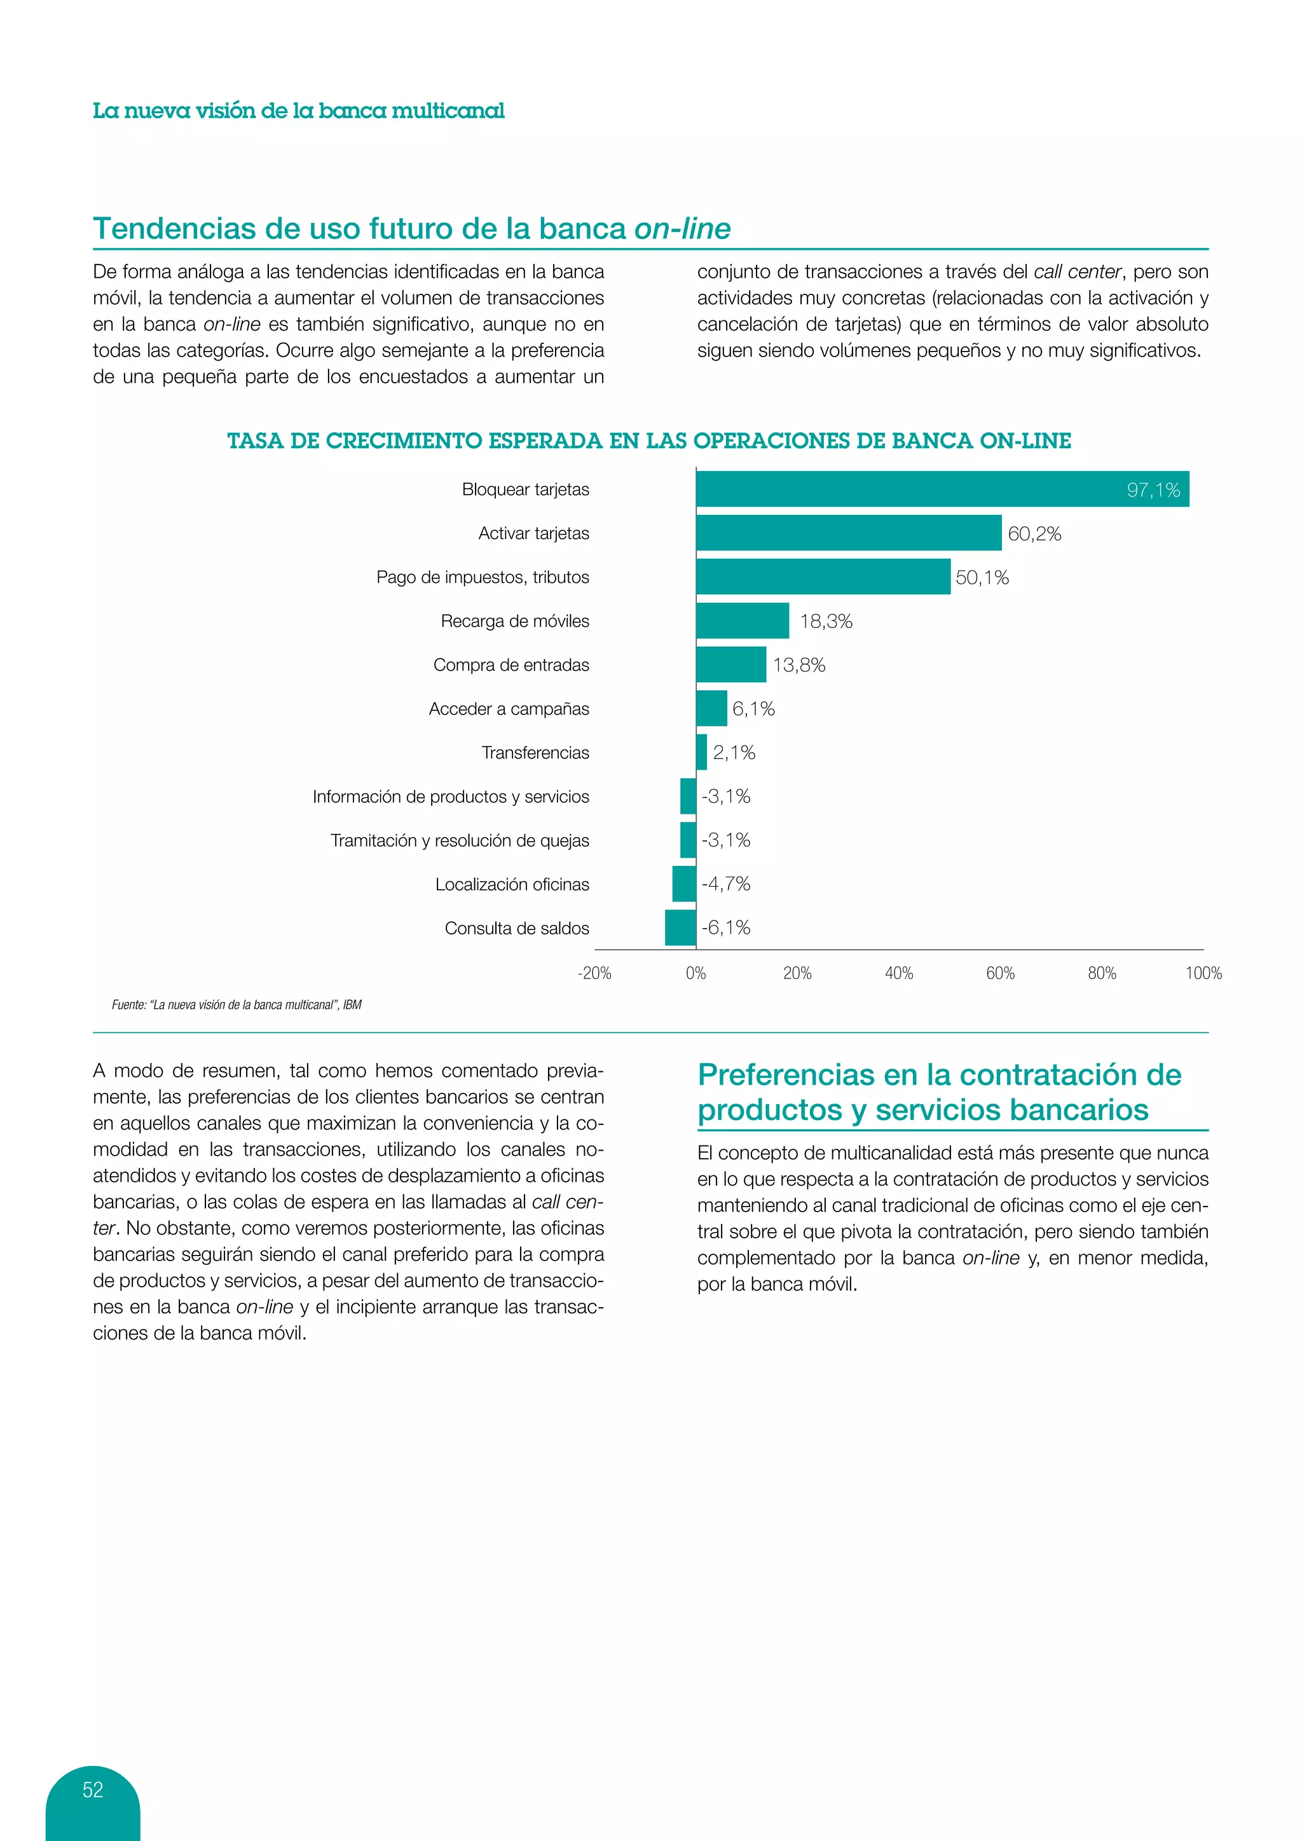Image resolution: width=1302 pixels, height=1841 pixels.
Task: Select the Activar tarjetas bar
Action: pyautogui.click(x=848, y=533)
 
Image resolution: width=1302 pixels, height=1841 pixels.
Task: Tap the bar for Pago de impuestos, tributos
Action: pyautogui.click(x=823, y=577)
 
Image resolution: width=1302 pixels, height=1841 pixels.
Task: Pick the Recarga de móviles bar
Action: pyautogui.click(x=743, y=620)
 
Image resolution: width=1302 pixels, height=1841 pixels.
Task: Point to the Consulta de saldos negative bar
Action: pyautogui.click(x=681, y=927)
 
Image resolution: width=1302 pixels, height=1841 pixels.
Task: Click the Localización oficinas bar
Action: pyautogui.click(x=684, y=884)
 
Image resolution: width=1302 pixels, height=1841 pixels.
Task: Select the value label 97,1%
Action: pyautogui.click(x=1153, y=490)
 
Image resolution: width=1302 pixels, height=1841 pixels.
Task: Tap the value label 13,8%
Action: pyautogui.click(x=798, y=665)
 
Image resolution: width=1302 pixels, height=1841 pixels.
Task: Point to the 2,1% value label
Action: pyautogui.click(x=734, y=752)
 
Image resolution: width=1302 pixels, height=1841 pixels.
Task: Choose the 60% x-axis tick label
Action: pyautogui.click(x=1000, y=973)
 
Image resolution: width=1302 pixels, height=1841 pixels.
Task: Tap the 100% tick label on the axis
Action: pyautogui.click(x=1203, y=973)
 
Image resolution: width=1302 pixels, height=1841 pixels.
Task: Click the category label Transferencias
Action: pyautogui.click(x=535, y=752)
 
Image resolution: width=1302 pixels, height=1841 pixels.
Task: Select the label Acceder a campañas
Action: pyautogui.click(x=509, y=709)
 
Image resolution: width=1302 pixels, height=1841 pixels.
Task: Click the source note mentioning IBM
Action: pyautogui.click(x=236, y=1004)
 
